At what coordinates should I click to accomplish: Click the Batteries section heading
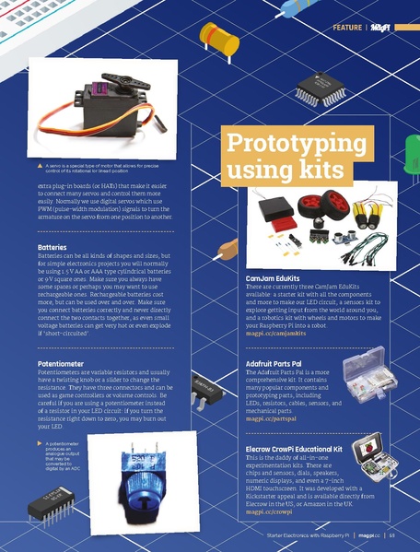[x=51, y=248]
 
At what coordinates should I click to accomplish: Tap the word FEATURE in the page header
[x=348, y=29]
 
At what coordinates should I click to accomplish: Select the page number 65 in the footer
[x=391, y=534]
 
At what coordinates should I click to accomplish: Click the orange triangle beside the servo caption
[x=40, y=166]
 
